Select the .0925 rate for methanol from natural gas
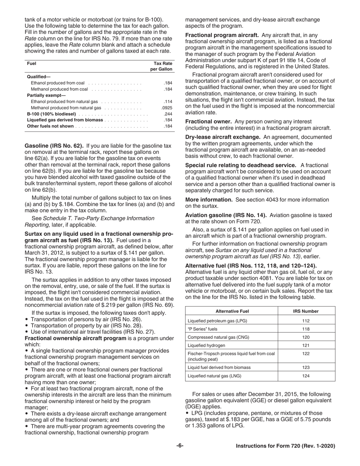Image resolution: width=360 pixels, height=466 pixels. [167, 108]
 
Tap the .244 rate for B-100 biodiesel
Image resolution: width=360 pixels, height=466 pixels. [168, 114]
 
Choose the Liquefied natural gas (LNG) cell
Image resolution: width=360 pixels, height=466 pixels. [214, 376]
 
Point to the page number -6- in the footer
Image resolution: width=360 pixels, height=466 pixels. [180, 446]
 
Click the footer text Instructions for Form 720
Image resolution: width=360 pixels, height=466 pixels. [285, 446]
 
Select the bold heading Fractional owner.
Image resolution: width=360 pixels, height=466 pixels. [208, 121]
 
